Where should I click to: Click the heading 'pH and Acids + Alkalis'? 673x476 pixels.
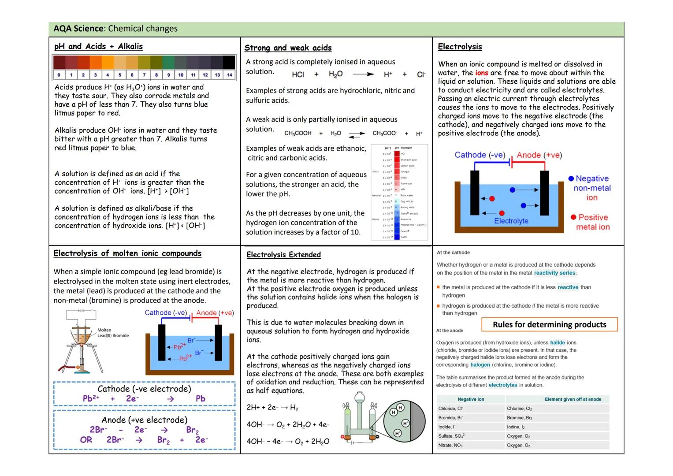pos(98,46)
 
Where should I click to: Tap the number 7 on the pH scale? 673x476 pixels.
pos(144,75)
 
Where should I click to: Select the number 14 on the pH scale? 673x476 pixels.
pos(229,75)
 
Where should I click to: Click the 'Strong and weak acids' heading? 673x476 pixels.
pos(288,48)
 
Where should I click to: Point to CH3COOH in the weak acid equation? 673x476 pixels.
pos(298,133)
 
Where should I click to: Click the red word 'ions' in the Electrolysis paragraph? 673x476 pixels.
pos(481,73)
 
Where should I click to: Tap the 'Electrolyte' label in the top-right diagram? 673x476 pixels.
pos(511,221)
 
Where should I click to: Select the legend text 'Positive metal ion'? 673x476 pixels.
pos(593,222)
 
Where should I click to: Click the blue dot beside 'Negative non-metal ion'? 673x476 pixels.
pos(571,178)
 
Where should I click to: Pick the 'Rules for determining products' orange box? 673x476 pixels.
pos(549,324)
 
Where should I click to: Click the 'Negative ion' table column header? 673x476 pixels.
pos(471,399)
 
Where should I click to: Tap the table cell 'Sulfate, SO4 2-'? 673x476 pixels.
pos(452,436)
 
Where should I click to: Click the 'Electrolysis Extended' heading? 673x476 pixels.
pos(283,255)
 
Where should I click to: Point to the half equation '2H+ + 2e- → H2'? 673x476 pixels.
pos(272,408)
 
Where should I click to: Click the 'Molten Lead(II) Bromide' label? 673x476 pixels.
pos(113,333)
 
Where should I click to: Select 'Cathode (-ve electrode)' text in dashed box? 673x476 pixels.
pos(144,389)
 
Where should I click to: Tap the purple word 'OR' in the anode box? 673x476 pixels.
pos(86,440)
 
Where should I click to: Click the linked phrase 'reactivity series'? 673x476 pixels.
pos(554,273)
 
